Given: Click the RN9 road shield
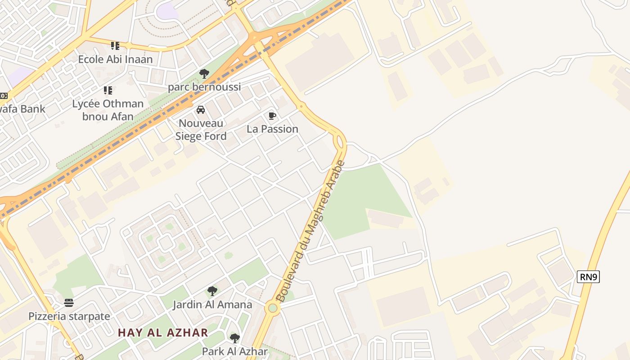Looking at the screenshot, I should [588, 277].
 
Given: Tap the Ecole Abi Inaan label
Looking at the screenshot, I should [115, 59].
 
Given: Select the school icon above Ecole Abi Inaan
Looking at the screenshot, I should [115, 45].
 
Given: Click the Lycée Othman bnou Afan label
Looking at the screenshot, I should [108, 110].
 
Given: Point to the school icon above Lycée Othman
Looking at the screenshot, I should [108, 90].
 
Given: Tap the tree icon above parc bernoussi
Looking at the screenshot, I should [204, 73].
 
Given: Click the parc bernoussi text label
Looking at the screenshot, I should [204, 87].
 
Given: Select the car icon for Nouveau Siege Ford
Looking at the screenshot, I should [201, 110].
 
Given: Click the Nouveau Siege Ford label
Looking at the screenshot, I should [201, 130].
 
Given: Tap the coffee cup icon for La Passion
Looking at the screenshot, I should [272, 116].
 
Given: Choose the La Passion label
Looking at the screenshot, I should [272, 129].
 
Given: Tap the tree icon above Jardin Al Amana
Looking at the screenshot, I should [212, 291].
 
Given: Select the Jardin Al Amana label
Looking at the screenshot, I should [212, 305].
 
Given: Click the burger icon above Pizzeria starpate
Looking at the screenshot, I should [69, 302].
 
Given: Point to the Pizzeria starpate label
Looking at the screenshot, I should [69, 316].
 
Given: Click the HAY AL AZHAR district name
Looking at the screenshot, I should [163, 333].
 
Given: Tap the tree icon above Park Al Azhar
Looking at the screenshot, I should [234, 338].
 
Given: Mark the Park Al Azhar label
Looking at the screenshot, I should [234, 351].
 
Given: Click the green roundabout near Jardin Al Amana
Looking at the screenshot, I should [272, 308].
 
